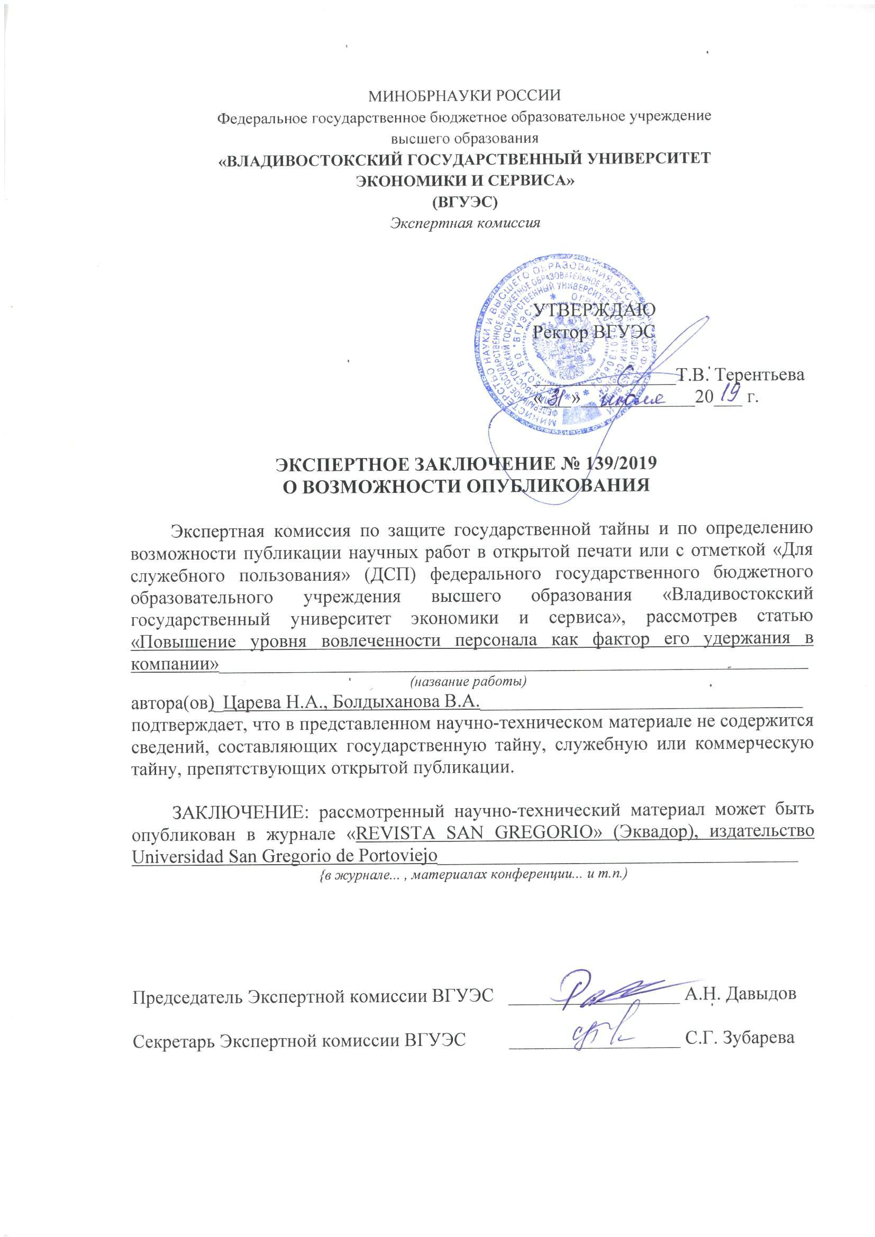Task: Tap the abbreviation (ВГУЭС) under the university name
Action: [x=464, y=203]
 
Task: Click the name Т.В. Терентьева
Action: [x=741, y=375]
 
